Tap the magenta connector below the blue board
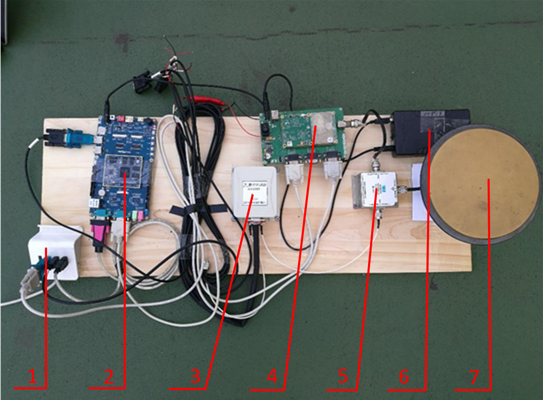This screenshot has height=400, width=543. (98, 233)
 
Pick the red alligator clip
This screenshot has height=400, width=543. (204, 99)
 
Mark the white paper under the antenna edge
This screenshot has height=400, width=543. (420, 192)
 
